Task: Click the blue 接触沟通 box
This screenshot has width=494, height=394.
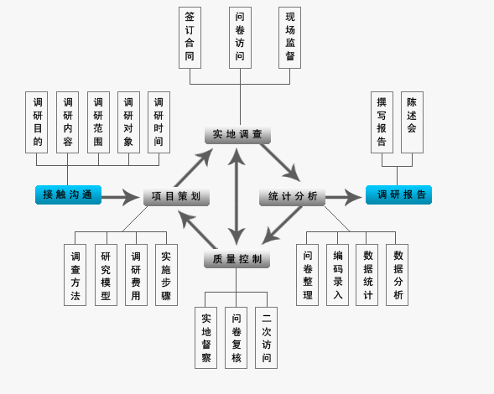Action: tap(68, 195)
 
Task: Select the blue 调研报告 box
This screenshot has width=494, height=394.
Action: tap(398, 195)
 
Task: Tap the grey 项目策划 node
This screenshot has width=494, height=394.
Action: tap(176, 198)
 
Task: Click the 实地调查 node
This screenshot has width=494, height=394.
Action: tap(237, 135)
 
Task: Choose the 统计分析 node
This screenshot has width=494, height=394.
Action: tap(293, 198)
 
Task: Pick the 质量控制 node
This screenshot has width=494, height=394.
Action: tap(237, 259)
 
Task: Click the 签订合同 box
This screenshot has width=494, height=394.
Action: tap(190, 38)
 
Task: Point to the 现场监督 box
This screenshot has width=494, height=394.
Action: tap(290, 38)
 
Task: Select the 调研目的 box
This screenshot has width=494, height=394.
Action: tap(38, 122)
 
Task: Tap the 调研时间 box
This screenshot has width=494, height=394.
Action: tap(159, 122)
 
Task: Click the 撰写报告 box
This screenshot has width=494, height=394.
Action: tap(382, 122)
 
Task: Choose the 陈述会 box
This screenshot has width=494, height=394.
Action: tap(412, 122)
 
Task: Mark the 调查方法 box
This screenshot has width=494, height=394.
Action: tap(75, 275)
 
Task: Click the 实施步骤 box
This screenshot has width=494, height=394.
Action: tap(166, 275)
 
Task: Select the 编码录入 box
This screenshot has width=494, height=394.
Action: tap(337, 275)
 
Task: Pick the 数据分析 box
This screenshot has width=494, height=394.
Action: tap(398, 275)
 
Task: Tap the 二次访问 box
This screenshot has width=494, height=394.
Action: tap(267, 338)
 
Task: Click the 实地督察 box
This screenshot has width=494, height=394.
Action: tap(206, 338)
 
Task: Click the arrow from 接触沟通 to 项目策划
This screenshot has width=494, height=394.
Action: tap(121, 198)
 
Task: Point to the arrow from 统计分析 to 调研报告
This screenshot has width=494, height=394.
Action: tap(343, 198)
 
